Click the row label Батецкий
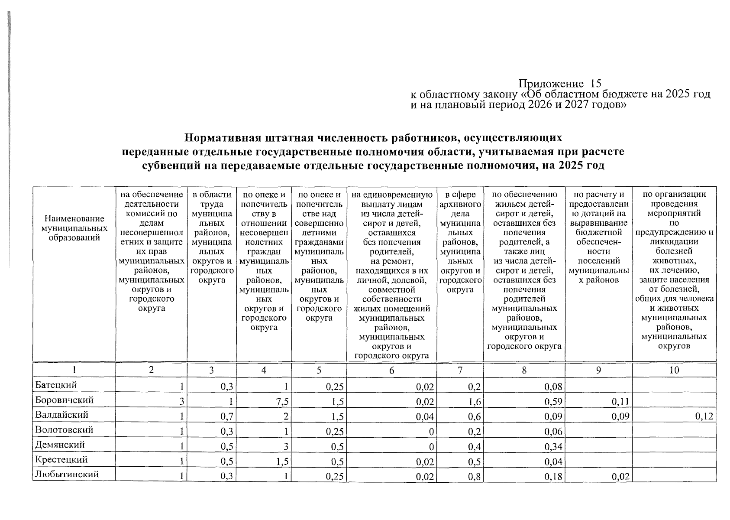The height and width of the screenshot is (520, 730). coord(56,385)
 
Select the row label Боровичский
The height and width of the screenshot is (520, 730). coord(64,400)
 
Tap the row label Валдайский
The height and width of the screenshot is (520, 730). coord(61,415)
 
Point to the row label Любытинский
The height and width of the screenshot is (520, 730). coord(67,474)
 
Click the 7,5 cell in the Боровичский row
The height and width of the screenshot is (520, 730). coord(283,402)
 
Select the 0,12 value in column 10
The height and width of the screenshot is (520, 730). coord(704,416)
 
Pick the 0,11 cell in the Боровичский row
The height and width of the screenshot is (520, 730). coord(620,402)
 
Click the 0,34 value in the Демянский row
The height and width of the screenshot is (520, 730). coord(554,446)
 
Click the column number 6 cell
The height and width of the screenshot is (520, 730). coord(392,370)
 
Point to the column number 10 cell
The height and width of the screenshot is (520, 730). coord(674,370)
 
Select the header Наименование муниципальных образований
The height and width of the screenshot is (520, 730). coord(74,228)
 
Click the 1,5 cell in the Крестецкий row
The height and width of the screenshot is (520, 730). coord(283,461)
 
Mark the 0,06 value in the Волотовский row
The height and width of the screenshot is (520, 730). coord(554,432)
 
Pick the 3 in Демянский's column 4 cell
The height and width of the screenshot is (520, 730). coord(286,446)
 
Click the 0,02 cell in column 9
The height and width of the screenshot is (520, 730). coord(620,476)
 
